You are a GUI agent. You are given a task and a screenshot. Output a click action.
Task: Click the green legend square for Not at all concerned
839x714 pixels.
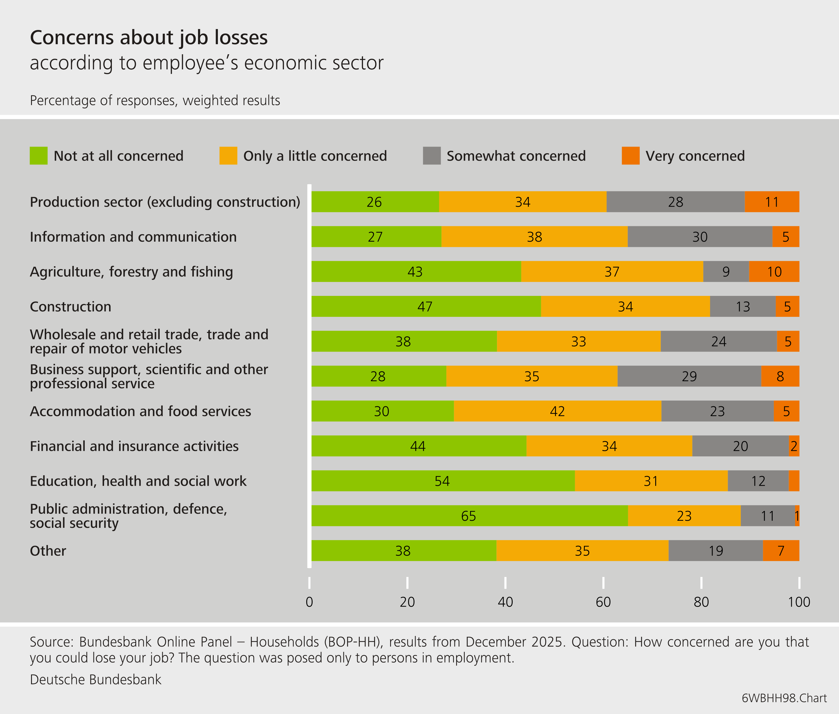[x=38, y=155]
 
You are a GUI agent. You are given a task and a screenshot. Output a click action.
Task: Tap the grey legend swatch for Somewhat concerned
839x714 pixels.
[x=432, y=155]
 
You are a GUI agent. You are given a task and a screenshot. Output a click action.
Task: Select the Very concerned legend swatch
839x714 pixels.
[x=630, y=155]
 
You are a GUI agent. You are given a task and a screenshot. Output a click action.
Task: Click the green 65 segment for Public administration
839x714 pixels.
[x=469, y=516]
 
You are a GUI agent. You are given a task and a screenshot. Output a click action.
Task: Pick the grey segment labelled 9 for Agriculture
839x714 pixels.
[x=726, y=272]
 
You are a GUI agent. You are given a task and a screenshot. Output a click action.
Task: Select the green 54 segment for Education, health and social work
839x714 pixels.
[x=442, y=481]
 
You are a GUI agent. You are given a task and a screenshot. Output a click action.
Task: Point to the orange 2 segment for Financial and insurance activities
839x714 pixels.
[x=794, y=446]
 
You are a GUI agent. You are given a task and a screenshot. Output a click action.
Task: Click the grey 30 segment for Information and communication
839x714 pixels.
[x=699, y=237]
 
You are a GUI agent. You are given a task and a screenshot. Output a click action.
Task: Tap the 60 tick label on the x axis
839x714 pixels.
[x=603, y=602]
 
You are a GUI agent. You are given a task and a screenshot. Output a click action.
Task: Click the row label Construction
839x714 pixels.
[x=70, y=307]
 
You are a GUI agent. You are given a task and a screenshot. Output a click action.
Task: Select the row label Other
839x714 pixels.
[x=48, y=551]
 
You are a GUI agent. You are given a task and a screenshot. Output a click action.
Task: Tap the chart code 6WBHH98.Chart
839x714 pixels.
[x=784, y=698]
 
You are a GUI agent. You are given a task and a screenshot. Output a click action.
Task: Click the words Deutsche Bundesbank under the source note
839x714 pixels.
[x=96, y=679]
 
